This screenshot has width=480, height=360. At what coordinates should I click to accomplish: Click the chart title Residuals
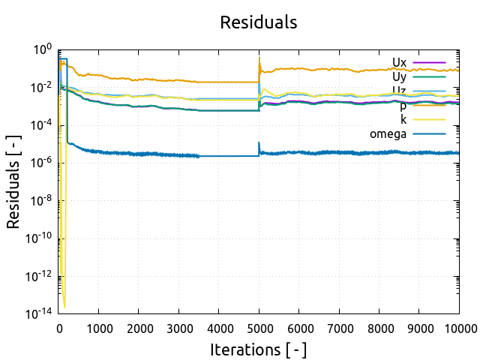[x=258, y=22]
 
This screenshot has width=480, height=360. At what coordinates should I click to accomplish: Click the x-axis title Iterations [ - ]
[x=258, y=349]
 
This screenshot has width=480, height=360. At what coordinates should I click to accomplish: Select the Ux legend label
[x=399, y=62]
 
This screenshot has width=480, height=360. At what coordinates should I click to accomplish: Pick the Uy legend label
[x=399, y=76]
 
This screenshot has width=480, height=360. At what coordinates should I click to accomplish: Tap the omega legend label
[x=388, y=134]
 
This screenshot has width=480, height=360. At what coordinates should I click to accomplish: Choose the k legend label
[x=403, y=120]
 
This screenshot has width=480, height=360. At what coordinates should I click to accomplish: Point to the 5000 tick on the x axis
[x=259, y=328]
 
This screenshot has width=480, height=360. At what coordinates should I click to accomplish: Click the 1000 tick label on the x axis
[x=99, y=328]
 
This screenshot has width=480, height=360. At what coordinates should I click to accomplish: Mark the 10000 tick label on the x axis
[x=457, y=328]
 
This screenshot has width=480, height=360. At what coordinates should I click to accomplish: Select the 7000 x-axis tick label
[x=338, y=328]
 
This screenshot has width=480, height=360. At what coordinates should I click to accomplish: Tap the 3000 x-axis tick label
[x=178, y=328]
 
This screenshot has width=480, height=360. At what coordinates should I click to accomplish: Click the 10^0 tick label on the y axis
[x=42, y=49]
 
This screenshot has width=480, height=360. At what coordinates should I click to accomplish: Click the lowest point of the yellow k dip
[x=64, y=307]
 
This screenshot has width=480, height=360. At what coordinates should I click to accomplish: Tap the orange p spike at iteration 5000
[x=259, y=58]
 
